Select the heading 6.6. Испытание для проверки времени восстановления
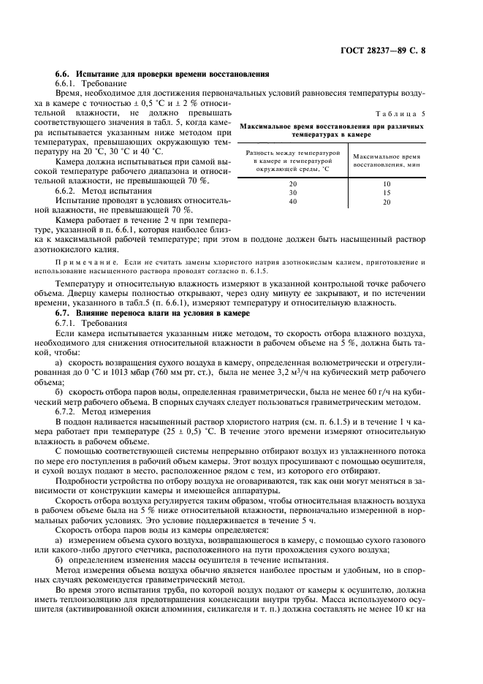163,74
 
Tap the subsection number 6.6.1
68,84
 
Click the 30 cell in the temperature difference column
293,192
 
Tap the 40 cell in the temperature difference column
293,202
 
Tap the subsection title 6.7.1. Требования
92,322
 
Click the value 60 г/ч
384,392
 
